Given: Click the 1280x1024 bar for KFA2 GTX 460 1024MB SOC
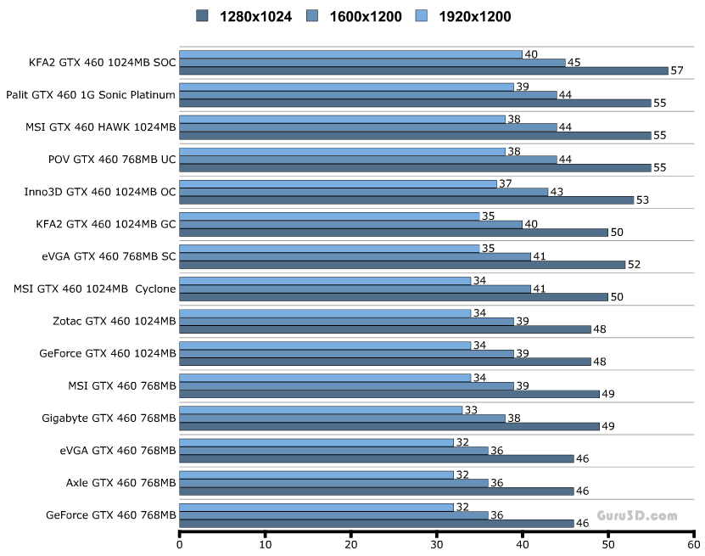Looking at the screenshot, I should [x=423, y=70].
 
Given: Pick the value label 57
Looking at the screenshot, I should [x=677, y=70].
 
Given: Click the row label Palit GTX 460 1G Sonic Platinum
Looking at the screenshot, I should [x=91, y=94].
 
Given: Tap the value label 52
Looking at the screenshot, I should [x=634, y=264].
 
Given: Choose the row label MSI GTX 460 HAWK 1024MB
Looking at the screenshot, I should [x=112, y=126].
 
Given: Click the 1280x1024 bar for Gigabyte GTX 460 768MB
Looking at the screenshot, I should [x=389, y=426].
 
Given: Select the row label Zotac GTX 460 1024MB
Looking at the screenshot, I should [x=115, y=321].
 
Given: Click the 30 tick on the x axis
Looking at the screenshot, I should [x=437, y=544].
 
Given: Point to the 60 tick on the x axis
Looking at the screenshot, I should [x=693, y=544].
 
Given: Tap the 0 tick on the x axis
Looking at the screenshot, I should [x=180, y=544].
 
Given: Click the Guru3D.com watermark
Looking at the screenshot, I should [x=637, y=515].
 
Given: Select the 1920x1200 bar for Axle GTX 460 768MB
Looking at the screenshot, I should [x=316, y=475].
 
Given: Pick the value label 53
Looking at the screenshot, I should [x=642, y=199].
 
